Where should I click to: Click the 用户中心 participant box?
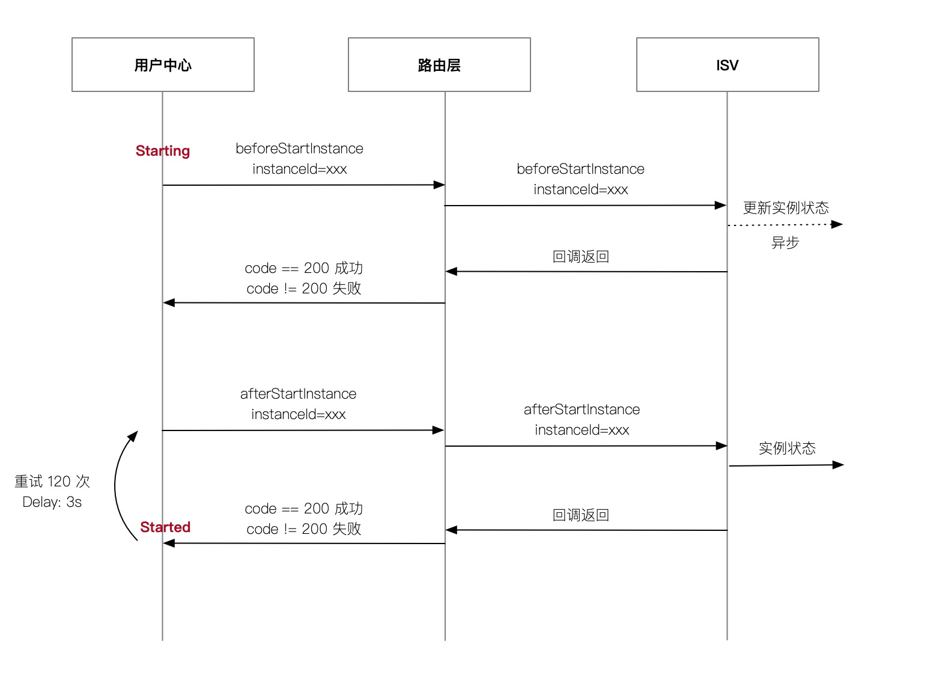pyautogui.click(x=163, y=65)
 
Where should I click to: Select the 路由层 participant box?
pyautogui.click(x=439, y=65)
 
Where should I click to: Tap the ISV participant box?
pyautogui.click(x=728, y=65)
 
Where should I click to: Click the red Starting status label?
pyautogui.click(x=163, y=151)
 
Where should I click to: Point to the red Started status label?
pyautogui.click(x=165, y=527)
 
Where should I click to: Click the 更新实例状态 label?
pyautogui.click(x=786, y=208)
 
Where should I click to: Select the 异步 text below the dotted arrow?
pyautogui.click(x=785, y=243)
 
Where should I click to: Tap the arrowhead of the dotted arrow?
pyautogui.click(x=837, y=224)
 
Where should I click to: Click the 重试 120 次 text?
pyautogui.click(x=52, y=482)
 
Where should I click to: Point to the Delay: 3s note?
pyautogui.click(x=52, y=502)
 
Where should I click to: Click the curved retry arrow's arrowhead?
pyautogui.click(x=134, y=435)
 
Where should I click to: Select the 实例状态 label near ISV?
pyautogui.click(x=787, y=449)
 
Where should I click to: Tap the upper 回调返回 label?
pyautogui.click(x=581, y=257)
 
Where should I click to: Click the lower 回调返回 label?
pyautogui.click(x=581, y=515)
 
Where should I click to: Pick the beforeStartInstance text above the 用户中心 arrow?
pyautogui.click(x=299, y=149)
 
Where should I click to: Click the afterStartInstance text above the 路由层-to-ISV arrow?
pyautogui.click(x=582, y=409)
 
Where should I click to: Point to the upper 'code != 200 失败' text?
pyautogui.click(x=304, y=289)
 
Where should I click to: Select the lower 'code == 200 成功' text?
pyautogui.click(x=304, y=509)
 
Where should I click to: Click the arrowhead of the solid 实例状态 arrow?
pyautogui.click(x=839, y=464)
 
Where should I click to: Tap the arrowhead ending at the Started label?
pyautogui.click(x=169, y=543)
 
